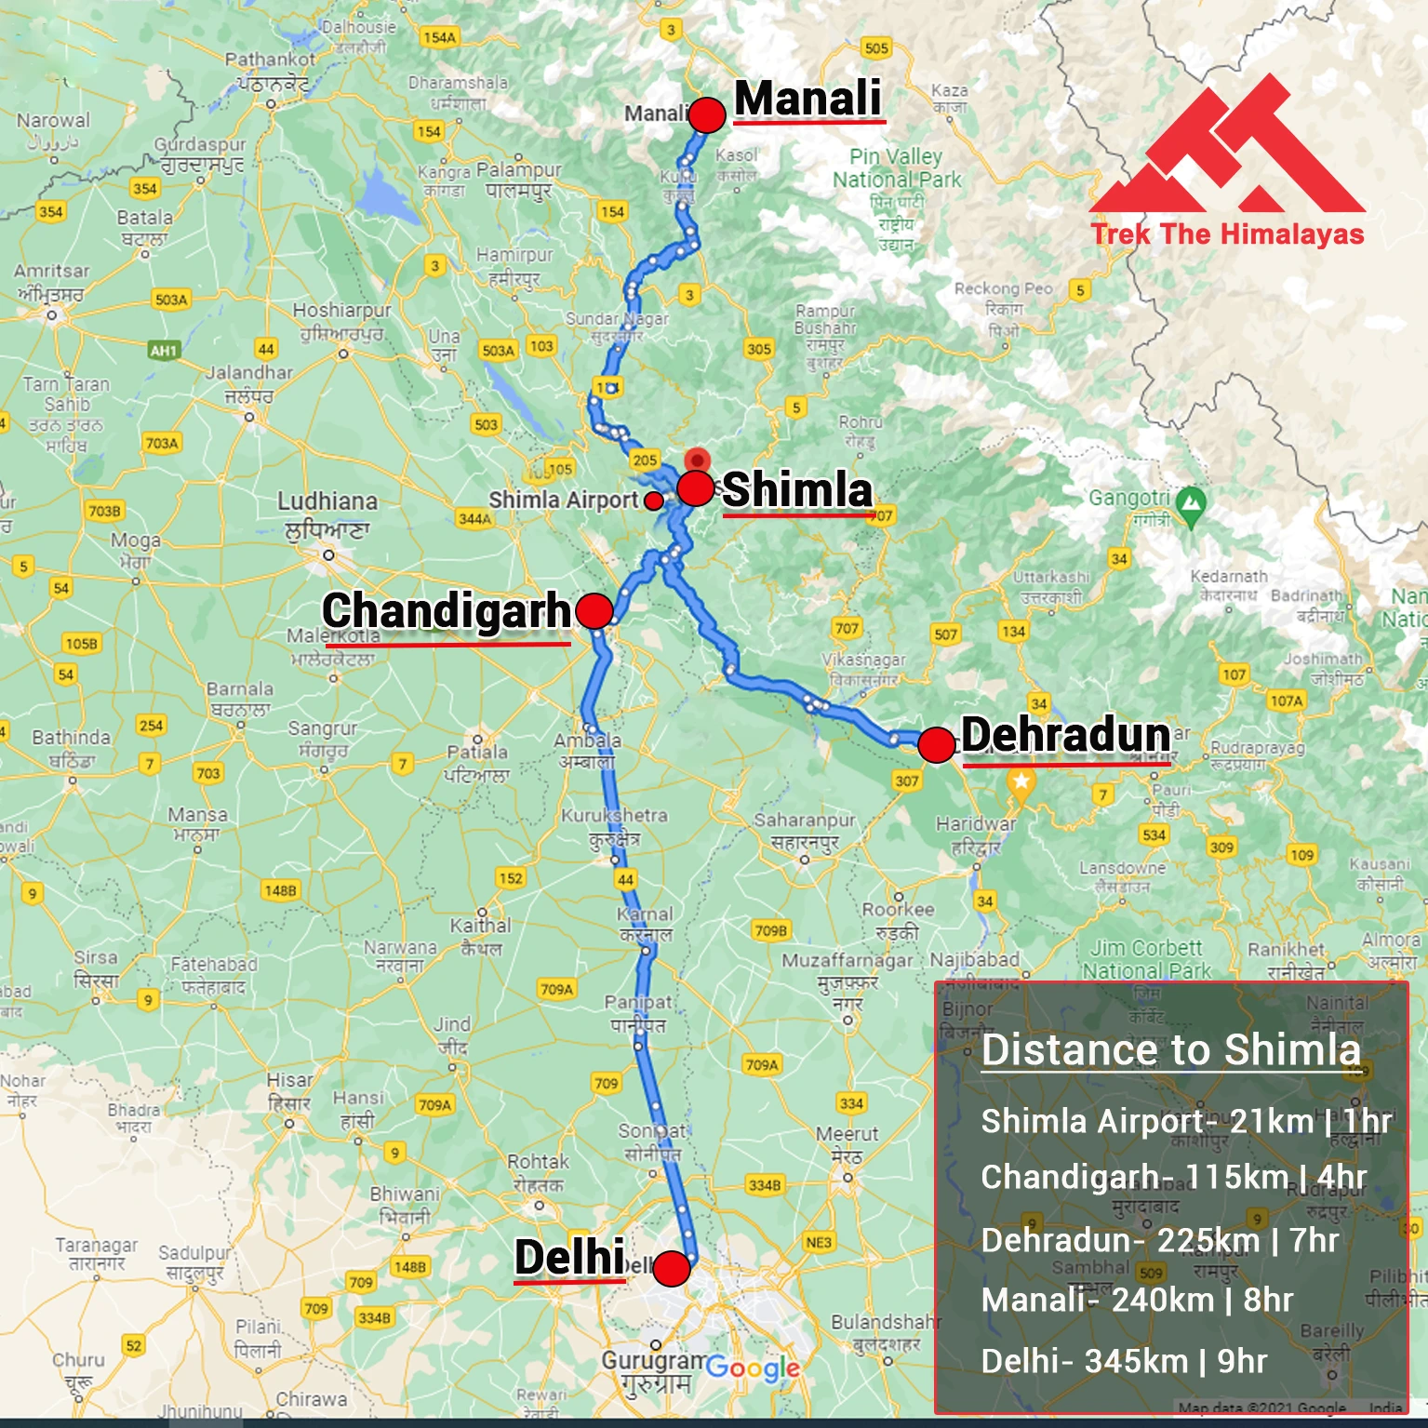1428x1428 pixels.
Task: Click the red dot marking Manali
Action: pos(707,115)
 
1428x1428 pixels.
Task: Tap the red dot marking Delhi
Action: pos(671,1268)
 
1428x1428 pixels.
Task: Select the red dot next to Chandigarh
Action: pos(594,611)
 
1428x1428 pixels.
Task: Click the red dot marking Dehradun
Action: pos(936,744)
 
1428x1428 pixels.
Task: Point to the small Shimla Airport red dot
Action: pos(654,500)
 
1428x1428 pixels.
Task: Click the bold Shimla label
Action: pos(797,490)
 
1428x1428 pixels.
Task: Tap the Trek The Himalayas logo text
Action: pos(1227,234)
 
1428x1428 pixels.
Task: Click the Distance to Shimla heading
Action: pos(1170,1049)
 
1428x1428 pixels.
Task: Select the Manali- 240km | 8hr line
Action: pos(1137,1300)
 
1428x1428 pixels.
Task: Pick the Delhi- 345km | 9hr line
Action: pos(1124,1361)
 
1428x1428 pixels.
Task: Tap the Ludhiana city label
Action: pos(327,501)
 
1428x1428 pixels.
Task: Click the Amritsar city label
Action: pos(52,271)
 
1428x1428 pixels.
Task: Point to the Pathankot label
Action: pos(270,60)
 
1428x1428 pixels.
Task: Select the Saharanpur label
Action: pos(805,821)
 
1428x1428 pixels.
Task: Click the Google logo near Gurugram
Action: pos(752,1368)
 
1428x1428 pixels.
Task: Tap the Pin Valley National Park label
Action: pos(896,167)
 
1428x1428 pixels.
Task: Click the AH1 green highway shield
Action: pos(163,351)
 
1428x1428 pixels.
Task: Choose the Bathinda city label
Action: pos(71,738)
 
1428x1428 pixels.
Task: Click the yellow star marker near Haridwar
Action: pos(1021,782)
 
